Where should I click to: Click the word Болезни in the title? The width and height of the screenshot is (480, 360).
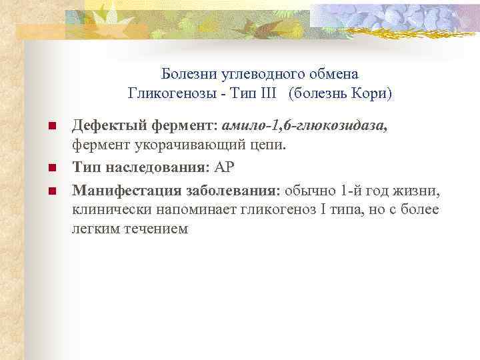tap(186, 72)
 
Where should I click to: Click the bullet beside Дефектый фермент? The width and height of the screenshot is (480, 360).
tap(51, 125)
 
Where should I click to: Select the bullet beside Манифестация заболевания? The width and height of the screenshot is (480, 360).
tap(51, 191)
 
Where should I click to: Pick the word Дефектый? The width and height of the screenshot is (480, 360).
tap(101, 125)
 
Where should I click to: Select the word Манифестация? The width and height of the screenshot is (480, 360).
tap(119, 191)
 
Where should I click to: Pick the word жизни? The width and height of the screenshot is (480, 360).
tap(418, 191)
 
